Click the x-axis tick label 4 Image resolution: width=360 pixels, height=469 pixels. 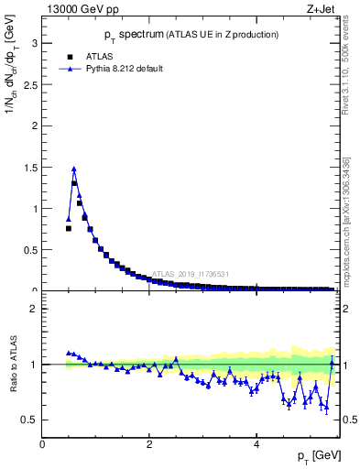pyautogui.click(x=256, y=444)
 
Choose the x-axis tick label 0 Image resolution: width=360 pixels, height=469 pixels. pyautogui.click(x=42, y=444)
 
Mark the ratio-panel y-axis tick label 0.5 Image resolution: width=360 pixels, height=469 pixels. pyautogui.click(x=28, y=420)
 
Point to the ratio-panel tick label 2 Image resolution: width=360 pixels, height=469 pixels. pyautogui.click(x=33, y=309)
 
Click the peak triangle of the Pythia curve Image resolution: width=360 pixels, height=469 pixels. pyautogui.click(x=74, y=169)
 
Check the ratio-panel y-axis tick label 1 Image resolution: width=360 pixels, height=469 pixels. pyautogui.click(x=33, y=365)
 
